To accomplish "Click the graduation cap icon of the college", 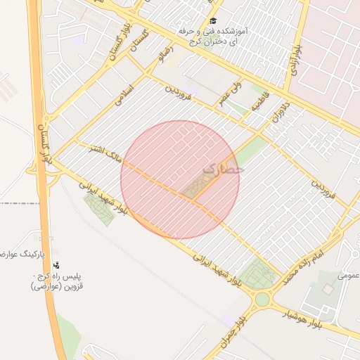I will pyautogui.click(x=213, y=21).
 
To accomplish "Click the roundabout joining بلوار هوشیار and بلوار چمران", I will pyautogui.click(x=262, y=300).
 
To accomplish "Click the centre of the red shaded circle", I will pyautogui.click(x=180, y=179).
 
